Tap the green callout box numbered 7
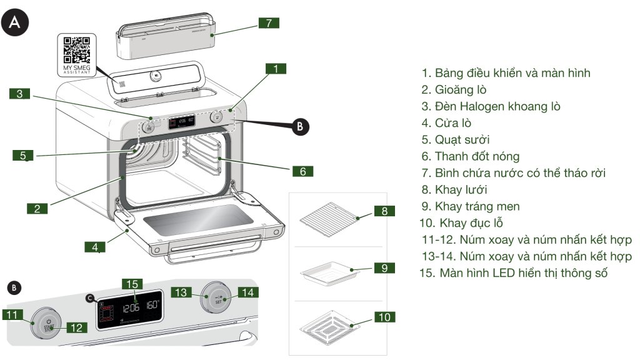(268, 23)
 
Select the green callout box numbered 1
(276, 68)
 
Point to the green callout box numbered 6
(302, 171)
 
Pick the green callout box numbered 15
(132, 284)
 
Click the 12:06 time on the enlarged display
(131, 308)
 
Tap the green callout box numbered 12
(76, 327)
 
